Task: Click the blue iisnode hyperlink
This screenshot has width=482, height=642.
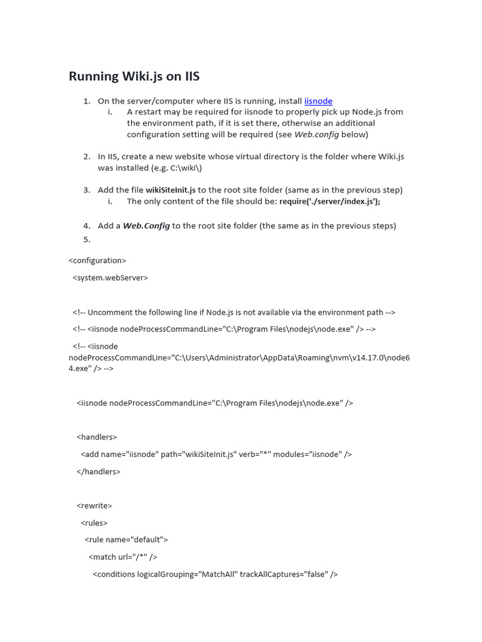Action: pyautogui.click(x=318, y=101)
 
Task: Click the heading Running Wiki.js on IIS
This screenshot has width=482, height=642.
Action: pyautogui.click(x=134, y=76)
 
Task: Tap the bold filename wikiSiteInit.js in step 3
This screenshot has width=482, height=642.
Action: pyautogui.click(x=171, y=190)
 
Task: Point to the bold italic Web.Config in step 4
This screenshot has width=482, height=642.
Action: pyautogui.click(x=146, y=226)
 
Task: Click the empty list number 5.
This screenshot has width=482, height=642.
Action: pyautogui.click(x=87, y=239)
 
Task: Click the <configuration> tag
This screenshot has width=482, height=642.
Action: pyautogui.click(x=97, y=260)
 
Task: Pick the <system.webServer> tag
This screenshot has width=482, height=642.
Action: pyautogui.click(x=110, y=277)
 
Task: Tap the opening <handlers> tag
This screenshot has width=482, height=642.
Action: pyautogui.click(x=97, y=437)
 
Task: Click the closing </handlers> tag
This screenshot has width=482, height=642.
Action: pyautogui.click(x=99, y=471)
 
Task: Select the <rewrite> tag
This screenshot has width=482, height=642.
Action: pyautogui.click(x=94, y=505)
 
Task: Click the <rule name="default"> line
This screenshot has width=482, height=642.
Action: pyautogui.click(x=126, y=540)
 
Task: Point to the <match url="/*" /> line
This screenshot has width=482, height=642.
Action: pyautogui.click(x=123, y=557)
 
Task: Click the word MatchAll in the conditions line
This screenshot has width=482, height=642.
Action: pyautogui.click(x=217, y=574)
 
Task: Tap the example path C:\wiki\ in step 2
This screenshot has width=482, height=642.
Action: pyautogui.click(x=185, y=168)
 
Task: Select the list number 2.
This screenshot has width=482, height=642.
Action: pyautogui.click(x=87, y=157)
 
